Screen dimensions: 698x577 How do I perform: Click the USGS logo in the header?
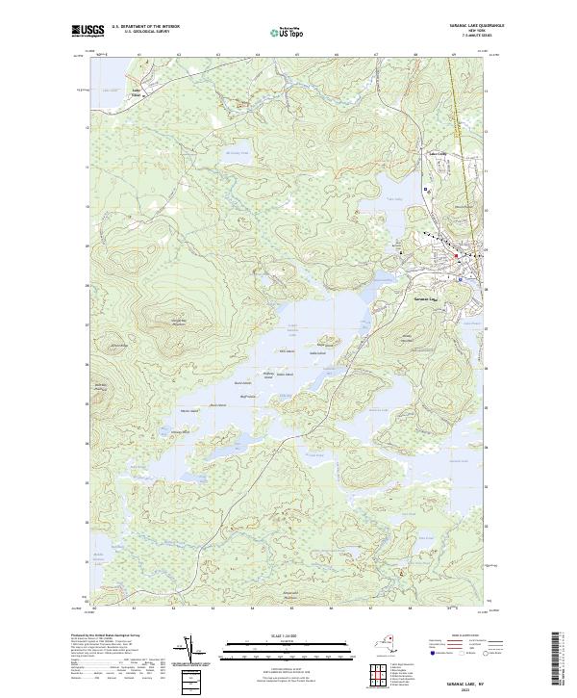(87, 32)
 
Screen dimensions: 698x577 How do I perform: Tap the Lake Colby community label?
(439, 155)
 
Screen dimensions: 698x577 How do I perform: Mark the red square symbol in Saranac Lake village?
(456, 255)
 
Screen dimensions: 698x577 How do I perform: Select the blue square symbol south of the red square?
(461, 278)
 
